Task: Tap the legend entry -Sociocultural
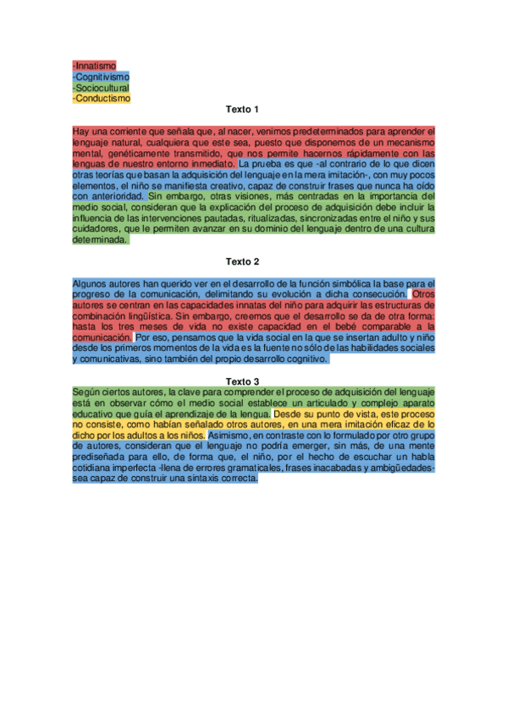(101, 87)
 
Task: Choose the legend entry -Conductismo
(102, 98)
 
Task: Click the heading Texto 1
(242, 110)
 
